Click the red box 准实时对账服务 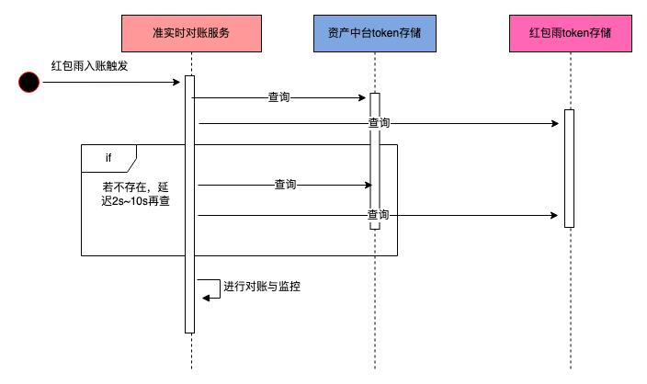click(191, 33)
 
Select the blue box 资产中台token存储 click(374, 33)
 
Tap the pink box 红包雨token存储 click(570, 33)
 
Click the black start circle click(29, 83)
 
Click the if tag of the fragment click(108, 158)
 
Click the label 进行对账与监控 click(262, 287)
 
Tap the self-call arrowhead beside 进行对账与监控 click(206, 296)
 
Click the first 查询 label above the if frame click(279, 96)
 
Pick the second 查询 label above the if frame click(379, 122)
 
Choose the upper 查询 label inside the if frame click(285, 185)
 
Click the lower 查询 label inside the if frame click(378, 215)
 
